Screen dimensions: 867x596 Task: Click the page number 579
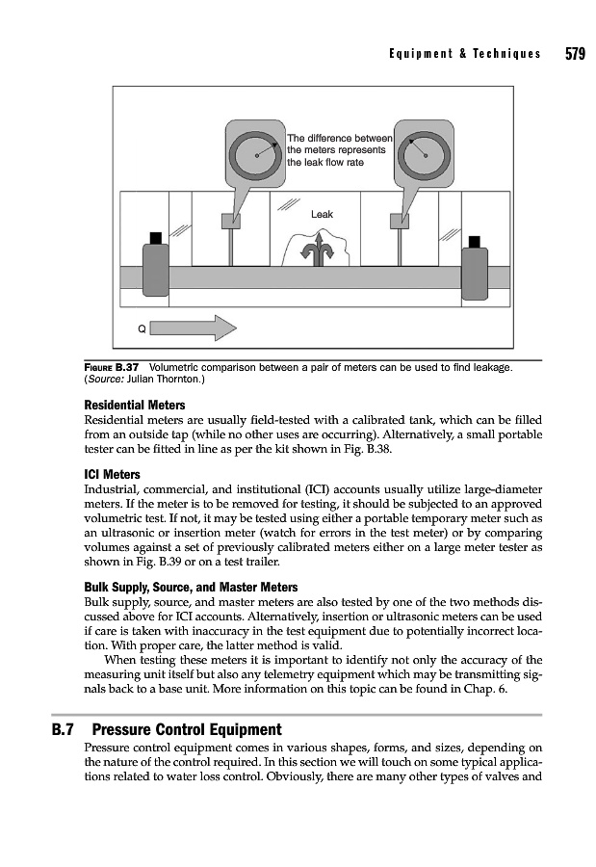click(575, 54)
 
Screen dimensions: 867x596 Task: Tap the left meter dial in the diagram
click(257, 153)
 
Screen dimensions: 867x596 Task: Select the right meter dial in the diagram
click(425, 153)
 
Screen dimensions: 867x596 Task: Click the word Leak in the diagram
click(322, 214)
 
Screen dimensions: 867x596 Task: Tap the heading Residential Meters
click(136, 406)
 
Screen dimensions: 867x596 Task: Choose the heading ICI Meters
click(113, 474)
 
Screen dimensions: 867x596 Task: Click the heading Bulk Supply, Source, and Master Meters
click(192, 587)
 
